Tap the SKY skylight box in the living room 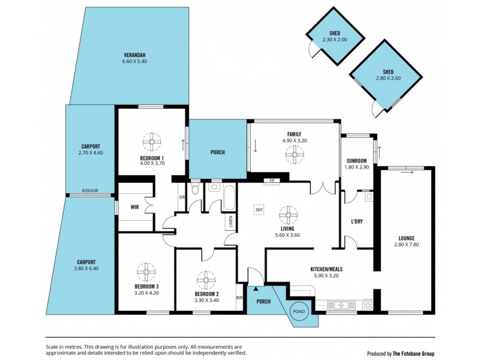pos(259,209)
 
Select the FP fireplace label pos(271,180)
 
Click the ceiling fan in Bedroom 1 pos(151,143)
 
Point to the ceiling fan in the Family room pos(294,155)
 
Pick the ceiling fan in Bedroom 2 pos(206,279)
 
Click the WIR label pos(135,208)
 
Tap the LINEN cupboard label pos(230,221)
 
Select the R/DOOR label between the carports pos(90,191)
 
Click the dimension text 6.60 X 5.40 pos(134,61)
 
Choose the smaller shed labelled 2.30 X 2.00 pos(335,37)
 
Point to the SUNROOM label pos(356,160)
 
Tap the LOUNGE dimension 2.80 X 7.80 pos(406,245)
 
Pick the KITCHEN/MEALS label pos(326,269)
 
